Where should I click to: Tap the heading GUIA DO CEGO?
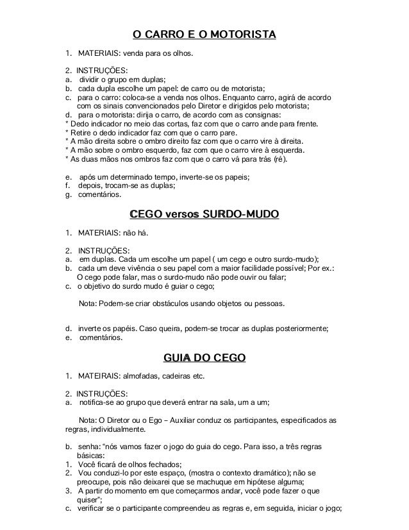click(204, 357)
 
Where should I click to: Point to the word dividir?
click(92, 80)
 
